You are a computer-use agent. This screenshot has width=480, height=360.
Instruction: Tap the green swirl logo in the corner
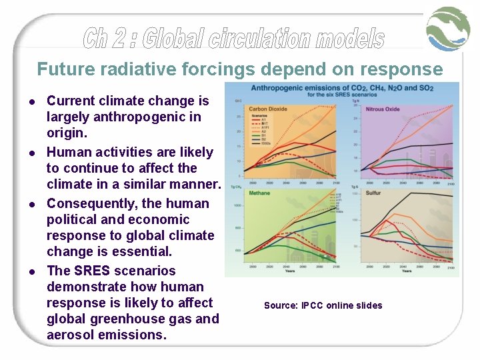(x=449, y=29)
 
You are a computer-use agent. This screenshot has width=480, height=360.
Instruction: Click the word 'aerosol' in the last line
(x=73, y=335)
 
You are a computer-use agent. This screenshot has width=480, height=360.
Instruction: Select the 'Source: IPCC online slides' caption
(x=323, y=305)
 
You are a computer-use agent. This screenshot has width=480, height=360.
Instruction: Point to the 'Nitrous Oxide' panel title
(x=383, y=109)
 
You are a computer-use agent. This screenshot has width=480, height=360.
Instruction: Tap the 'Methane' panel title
(x=259, y=193)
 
